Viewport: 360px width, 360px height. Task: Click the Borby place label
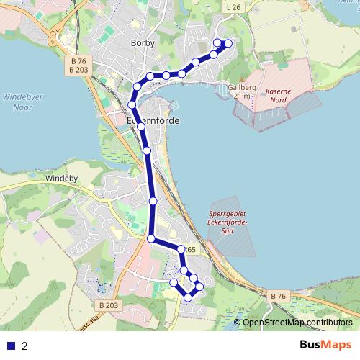[x=143, y=43]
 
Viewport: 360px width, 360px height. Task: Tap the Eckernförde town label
[x=153, y=121]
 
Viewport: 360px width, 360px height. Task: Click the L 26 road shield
[x=232, y=7]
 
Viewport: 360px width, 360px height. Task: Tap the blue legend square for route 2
[x=10, y=346]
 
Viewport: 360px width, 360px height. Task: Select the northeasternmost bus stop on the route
[x=229, y=43]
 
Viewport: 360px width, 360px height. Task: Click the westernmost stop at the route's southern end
[x=173, y=283]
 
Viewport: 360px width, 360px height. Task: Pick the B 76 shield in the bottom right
[x=278, y=296]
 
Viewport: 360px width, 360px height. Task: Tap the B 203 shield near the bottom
[x=109, y=306]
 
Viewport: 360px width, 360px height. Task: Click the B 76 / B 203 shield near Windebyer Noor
[x=80, y=65]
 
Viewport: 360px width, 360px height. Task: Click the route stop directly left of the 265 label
[x=181, y=249]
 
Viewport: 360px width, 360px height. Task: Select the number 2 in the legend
[x=25, y=346]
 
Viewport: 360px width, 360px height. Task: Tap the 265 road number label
[x=190, y=250]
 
